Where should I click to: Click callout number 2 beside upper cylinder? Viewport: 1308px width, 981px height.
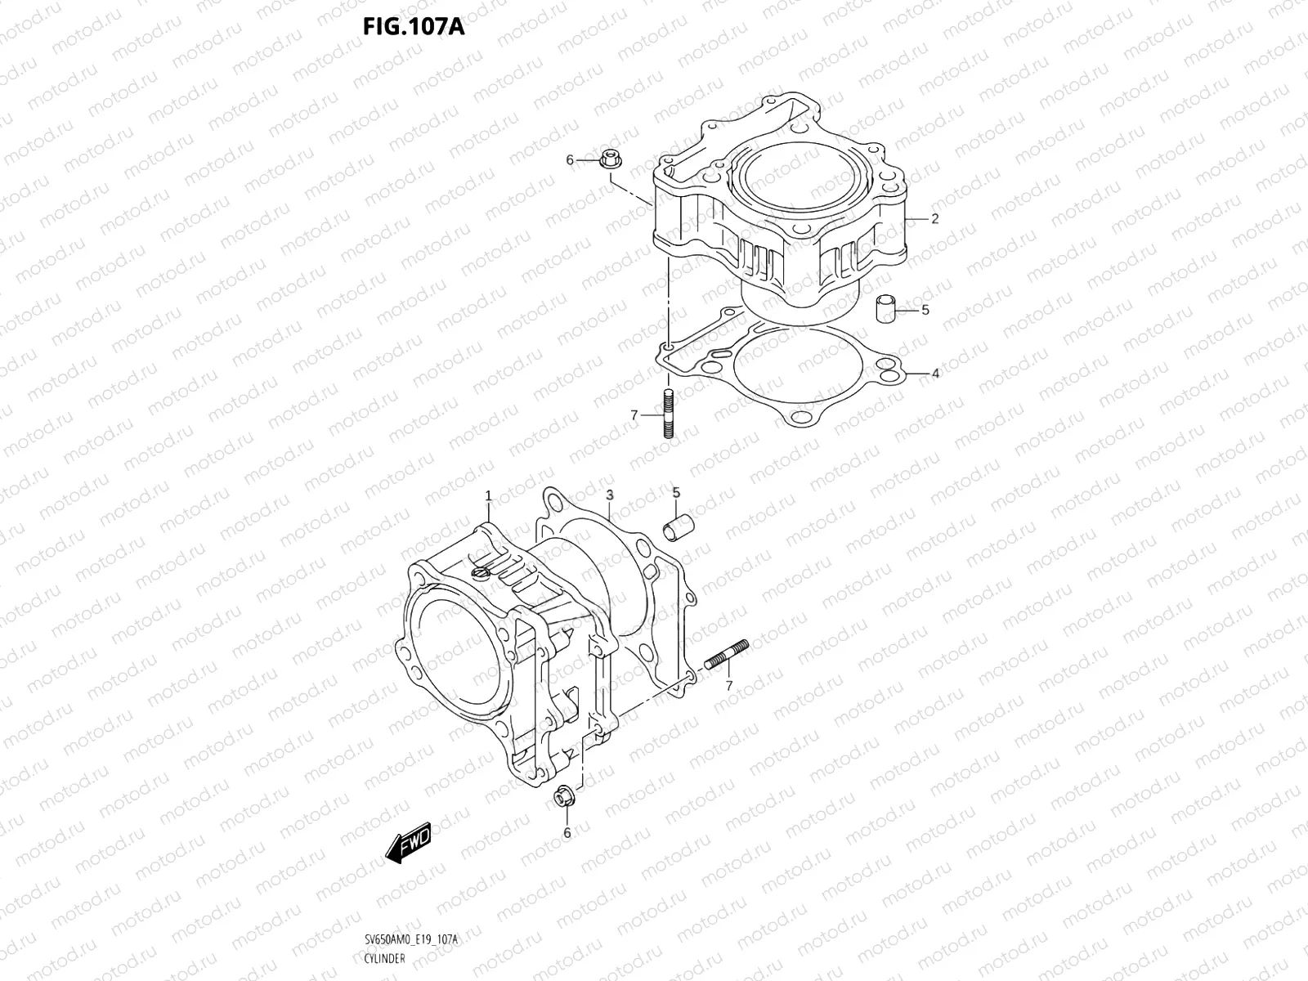tap(934, 219)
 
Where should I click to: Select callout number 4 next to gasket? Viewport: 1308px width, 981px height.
tap(935, 374)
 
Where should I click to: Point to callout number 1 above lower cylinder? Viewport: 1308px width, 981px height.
tap(488, 496)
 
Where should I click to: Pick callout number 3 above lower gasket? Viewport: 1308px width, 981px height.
tap(609, 495)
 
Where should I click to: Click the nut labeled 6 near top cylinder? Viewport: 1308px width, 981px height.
tap(607, 160)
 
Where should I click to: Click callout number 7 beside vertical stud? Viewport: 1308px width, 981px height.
tap(634, 415)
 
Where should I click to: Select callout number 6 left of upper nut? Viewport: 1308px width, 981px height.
tap(571, 160)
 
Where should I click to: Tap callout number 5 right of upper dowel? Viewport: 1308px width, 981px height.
tap(925, 310)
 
